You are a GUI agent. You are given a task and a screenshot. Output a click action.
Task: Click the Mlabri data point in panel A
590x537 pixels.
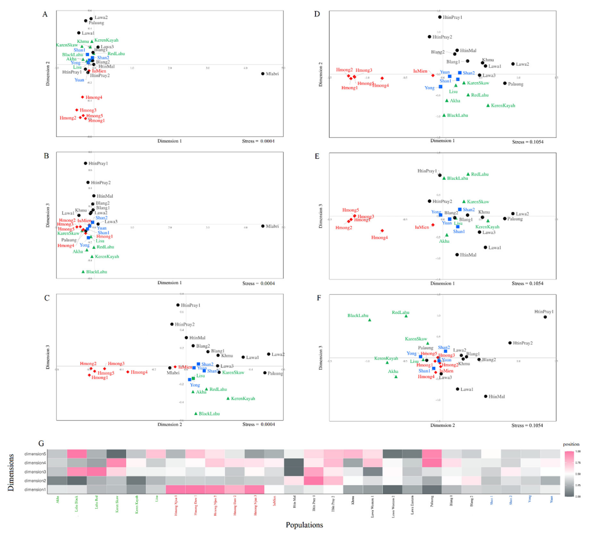tap(263, 74)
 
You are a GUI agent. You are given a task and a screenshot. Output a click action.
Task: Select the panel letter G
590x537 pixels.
tap(41, 444)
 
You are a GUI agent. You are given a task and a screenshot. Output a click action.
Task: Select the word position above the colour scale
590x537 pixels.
tap(571, 444)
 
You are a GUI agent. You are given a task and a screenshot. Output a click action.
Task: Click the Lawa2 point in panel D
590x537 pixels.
tap(513, 64)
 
